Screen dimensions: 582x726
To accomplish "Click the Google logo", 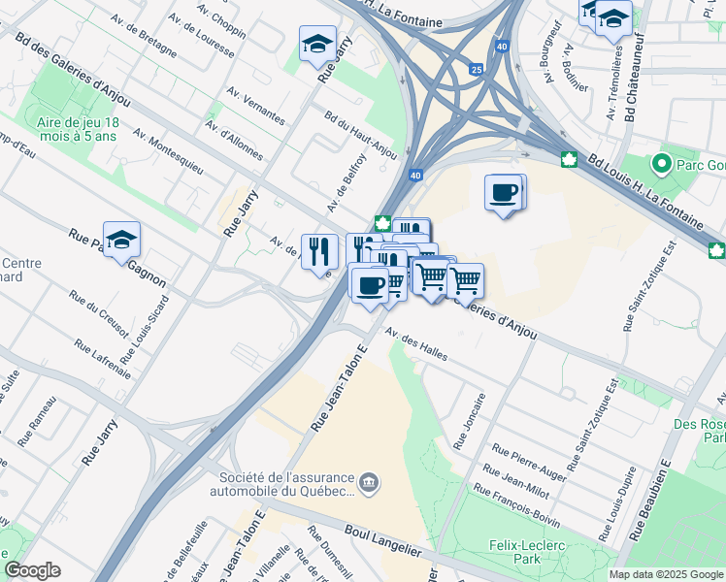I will point(32,571).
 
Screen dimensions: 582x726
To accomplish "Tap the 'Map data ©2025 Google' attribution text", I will point(666,574).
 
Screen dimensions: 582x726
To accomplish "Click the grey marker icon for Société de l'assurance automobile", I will point(369,482).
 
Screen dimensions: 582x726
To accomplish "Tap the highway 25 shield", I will point(476,70).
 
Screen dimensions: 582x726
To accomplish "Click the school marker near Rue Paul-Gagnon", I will point(121,239).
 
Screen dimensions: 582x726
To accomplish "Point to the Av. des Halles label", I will point(415,344).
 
